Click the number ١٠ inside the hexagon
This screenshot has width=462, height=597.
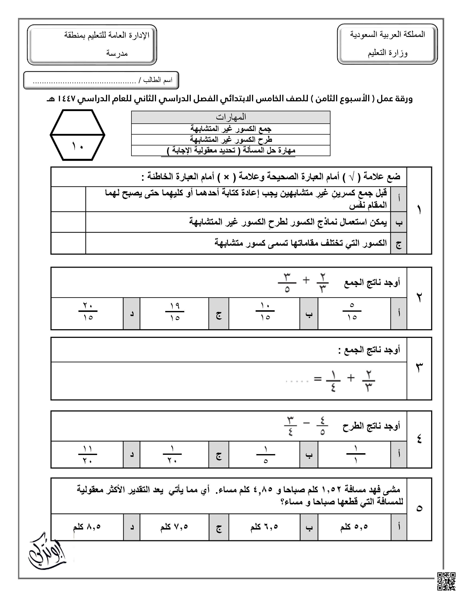[78, 146]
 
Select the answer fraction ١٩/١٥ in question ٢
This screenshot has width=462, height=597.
[175, 312]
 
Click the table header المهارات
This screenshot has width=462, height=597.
[231, 117]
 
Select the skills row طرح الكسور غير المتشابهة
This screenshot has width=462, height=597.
[231, 140]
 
